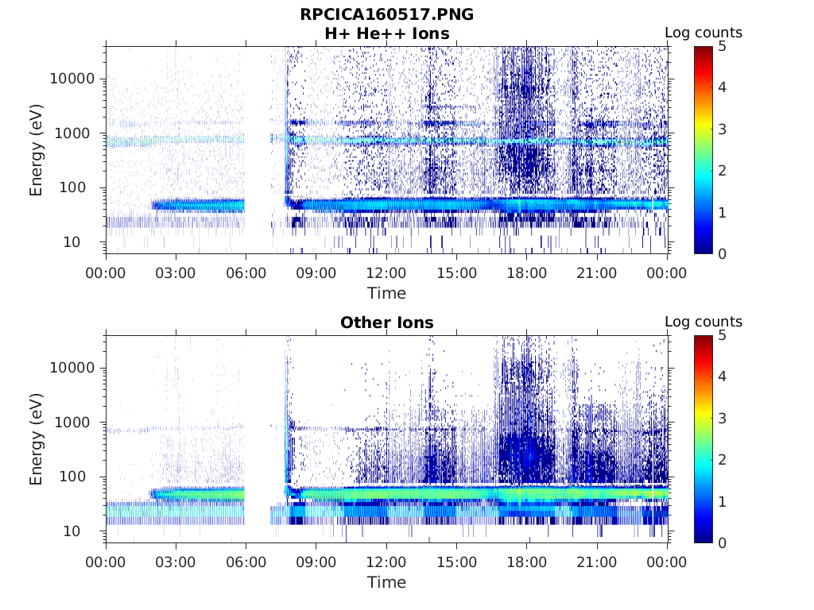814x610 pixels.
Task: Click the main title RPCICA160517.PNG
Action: click(386, 14)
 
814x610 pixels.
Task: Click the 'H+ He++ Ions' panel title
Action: click(386, 33)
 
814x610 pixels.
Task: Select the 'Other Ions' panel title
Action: click(386, 322)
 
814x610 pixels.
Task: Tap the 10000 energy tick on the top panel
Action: click(73, 79)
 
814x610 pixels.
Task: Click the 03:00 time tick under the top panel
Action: click(176, 273)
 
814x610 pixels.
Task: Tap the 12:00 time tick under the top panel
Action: click(386, 273)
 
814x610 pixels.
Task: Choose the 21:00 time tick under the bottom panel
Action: click(597, 562)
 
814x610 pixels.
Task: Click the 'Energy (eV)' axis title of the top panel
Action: click(37, 149)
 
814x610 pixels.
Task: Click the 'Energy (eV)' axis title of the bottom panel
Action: click(37, 438)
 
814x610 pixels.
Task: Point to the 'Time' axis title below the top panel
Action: click(386, 293)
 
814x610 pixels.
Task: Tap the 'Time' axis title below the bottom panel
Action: click(386, 582)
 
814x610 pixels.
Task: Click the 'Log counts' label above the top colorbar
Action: click(703, 33)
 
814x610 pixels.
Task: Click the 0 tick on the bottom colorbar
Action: click(723, 542)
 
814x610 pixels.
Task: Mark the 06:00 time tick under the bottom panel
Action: click(246, 562)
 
